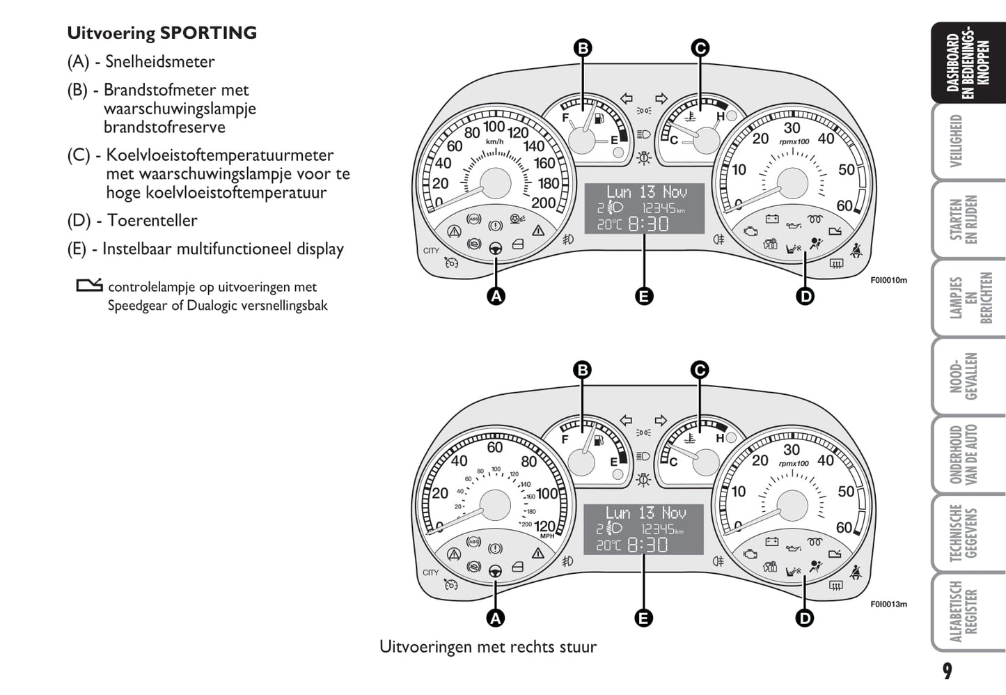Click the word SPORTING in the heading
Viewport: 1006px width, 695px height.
208,33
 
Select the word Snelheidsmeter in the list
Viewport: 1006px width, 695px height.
159,62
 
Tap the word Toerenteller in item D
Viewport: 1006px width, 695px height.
152,221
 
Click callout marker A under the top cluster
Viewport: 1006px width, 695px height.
496,296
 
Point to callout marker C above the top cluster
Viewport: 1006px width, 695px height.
700,48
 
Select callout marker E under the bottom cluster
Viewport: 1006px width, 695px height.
644,618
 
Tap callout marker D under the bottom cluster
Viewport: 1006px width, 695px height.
804,618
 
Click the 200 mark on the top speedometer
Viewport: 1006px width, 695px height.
543,203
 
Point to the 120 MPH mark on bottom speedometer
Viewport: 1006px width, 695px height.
545,526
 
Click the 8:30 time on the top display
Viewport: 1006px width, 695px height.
648,224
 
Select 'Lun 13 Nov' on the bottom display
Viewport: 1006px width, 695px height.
645,513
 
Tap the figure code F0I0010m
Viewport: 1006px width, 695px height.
888,281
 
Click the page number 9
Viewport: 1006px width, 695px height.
947,671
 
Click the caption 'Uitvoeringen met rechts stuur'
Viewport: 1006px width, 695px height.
487,647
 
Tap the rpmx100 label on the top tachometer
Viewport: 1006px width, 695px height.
794,141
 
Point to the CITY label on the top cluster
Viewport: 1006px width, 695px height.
431,251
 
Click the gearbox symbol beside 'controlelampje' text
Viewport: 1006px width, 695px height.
89,286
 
